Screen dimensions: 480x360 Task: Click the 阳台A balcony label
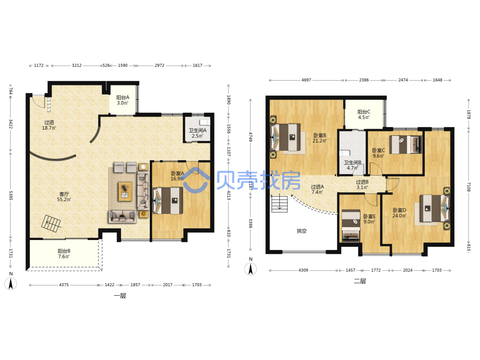coord(123,100)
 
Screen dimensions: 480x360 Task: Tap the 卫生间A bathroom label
coord(197,133)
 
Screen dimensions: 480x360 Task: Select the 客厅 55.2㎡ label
coord(64,196)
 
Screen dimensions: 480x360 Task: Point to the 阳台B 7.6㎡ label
coord(64,253)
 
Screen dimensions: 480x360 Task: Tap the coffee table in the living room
coord(125,192)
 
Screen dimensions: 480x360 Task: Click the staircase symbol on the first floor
coord(51,224)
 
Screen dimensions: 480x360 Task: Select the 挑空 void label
coord(301,231)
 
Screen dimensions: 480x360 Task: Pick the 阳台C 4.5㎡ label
coord(364,115)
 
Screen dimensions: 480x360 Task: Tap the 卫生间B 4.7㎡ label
coord(352,165)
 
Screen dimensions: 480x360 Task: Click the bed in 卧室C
coord(406,144)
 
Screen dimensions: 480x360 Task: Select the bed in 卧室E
coord(351,225)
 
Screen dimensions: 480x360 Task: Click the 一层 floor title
coord(120,296)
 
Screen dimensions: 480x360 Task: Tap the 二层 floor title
coord(360,281)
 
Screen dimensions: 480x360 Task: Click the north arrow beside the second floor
coord(251,269)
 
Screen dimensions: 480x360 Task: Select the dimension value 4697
coord(306,80)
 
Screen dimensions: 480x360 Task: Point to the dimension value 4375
coord(64,285)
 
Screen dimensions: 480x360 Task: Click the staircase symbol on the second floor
coord(279,204)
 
